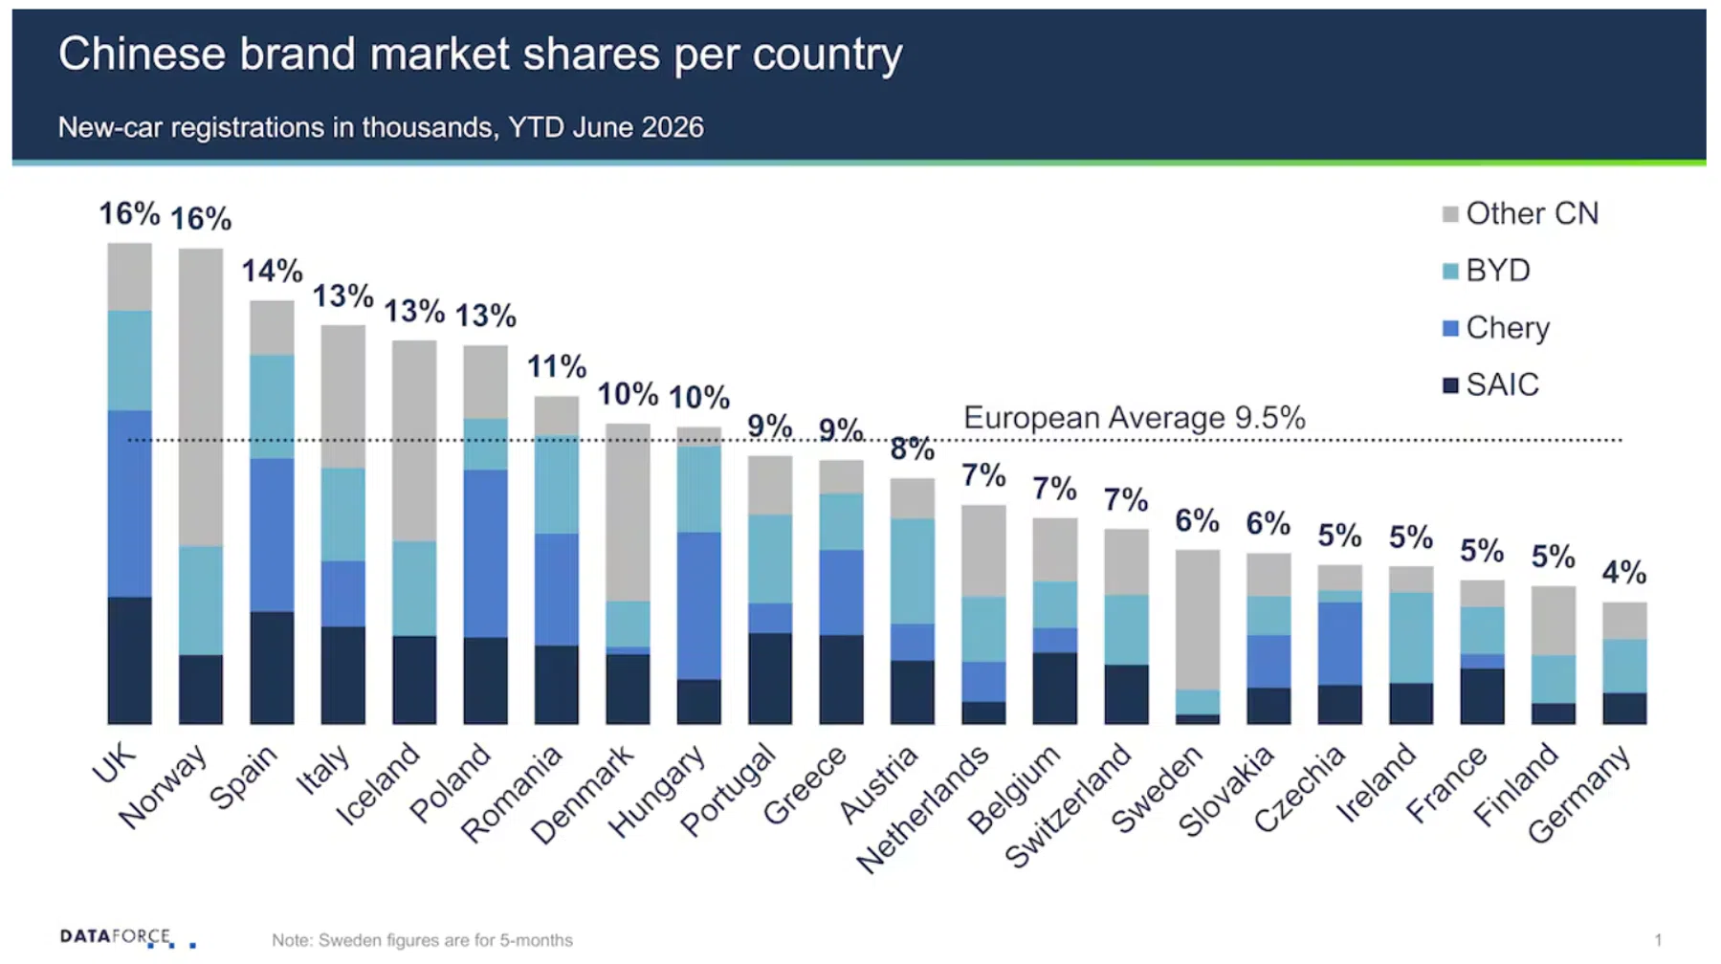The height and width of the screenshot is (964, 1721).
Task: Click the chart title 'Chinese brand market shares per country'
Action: coord(480,55)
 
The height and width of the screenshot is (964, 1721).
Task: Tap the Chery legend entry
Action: coord(1496,328)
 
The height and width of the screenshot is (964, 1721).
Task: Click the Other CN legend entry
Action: coord(1520,213)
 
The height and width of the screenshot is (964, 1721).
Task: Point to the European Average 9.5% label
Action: coord(1134,418)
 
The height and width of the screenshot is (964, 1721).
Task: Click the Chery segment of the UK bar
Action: coord(129,504)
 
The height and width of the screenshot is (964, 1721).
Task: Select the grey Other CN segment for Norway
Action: coord(201,397)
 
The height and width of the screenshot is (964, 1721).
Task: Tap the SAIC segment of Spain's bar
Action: coord(272,668)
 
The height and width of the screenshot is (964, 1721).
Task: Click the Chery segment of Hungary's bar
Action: coord(699,606)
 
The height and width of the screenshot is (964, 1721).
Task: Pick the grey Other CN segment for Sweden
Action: coord(1198,620)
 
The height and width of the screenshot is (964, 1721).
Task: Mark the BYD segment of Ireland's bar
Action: coord(1411,638)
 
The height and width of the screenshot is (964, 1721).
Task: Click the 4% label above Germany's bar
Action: coord(1624,573)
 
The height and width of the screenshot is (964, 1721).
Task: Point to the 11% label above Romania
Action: coord(557,366)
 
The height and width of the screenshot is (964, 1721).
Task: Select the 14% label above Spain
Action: coord(272,271)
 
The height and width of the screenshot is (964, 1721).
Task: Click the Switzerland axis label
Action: coord(1070,804)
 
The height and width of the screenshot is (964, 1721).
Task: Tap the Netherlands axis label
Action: coord(923,808)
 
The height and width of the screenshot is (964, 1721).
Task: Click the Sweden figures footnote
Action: coord(422,940)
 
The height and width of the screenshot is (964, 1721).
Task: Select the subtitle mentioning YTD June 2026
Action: coord(381,127)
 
